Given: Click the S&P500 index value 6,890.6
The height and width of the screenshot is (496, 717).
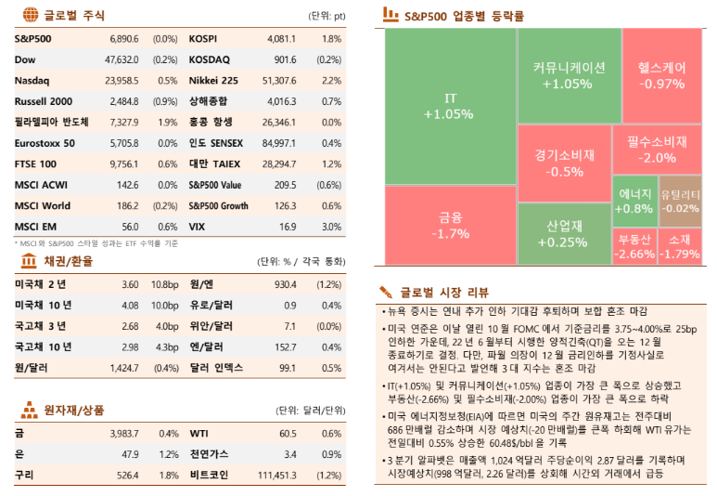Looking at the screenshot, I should pos(123,40).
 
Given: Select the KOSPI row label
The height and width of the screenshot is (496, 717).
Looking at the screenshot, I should pos(203,40).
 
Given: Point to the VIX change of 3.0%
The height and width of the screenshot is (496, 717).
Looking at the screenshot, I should pos(331,226).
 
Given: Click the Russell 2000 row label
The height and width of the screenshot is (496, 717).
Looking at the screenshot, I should pos(44,101).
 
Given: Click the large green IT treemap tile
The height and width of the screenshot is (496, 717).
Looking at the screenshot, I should pos(451,106).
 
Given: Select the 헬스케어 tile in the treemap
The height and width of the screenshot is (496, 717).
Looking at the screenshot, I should pos(661,74).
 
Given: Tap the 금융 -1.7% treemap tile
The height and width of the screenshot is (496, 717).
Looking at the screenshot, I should pos(451,225).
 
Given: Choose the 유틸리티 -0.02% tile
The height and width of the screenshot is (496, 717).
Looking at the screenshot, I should pos(680,202).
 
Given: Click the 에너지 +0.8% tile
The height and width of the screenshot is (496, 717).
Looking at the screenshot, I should pos(634,202).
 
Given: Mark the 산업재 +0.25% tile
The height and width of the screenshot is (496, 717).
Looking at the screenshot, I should pos(564,234).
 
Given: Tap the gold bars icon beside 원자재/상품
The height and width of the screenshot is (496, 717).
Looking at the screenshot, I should pos(29,409).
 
